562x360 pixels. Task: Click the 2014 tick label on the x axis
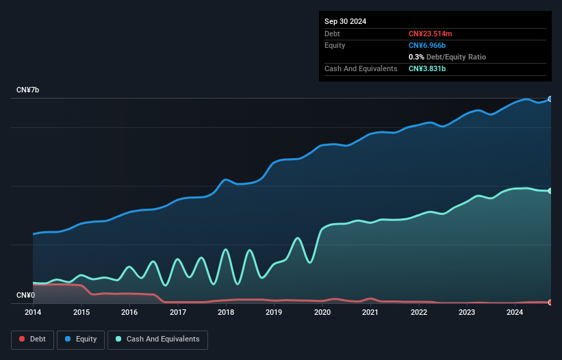(x=33, y=313)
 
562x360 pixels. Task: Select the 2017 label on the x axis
(x=178, y=313)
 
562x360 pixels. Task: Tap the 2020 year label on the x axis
(x=322, y=313)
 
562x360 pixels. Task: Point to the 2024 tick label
(x=515, y=313)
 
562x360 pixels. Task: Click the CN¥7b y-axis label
(x=28, y=90)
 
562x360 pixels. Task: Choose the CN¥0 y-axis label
(x=25, y=296)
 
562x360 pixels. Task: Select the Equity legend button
(x=81, y=339)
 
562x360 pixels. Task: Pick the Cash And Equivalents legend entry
(x=157, y=339)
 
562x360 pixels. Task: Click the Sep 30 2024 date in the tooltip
(x=346, y=21)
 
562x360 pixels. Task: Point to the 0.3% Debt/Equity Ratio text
(x=447, y=57)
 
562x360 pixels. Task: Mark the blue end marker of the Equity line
(x=550, y=99)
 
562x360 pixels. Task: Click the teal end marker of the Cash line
(x=550, y=191)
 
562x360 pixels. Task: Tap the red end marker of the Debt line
(x=550, y=302)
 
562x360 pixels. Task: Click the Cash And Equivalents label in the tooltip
(x=361, y=68)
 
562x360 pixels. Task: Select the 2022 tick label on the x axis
(x=419, y=313)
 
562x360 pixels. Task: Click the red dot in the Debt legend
(x=22, y=339)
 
